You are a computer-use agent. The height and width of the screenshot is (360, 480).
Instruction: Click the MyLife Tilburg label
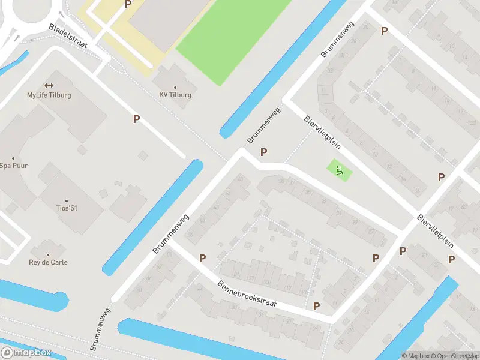click(x=49, y=95)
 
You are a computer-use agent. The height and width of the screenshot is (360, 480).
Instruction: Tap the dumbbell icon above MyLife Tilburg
click(x=49, y=85)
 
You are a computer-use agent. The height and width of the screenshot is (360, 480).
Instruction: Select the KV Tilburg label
click(x=175, y=95)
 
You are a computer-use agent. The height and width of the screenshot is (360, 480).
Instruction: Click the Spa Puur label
click(x=14, y=166)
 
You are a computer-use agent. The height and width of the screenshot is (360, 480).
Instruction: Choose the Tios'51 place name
click(x=66, y=209)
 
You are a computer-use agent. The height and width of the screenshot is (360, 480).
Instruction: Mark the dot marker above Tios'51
click(x=66, y=201)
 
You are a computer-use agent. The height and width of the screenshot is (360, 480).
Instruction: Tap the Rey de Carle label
click(x=48, y=262)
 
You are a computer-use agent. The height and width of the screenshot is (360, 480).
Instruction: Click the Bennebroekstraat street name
click(x=247, y=295)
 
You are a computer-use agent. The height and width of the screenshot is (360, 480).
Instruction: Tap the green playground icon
click(x=340, y=170)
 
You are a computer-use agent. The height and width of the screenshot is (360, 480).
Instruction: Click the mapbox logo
click(x=26, y=353)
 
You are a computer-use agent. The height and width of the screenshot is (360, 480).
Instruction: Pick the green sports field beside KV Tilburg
click(x=228, y=36)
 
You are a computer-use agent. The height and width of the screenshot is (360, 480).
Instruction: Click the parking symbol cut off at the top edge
click(x=128, y=4)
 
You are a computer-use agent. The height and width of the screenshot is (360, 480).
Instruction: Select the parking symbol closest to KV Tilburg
click(x=137, y=119)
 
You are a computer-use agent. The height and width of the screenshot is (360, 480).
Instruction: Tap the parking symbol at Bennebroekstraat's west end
click(x=203, y=258)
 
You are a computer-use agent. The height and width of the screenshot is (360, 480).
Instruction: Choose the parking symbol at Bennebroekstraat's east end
click(x=316, y=305)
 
